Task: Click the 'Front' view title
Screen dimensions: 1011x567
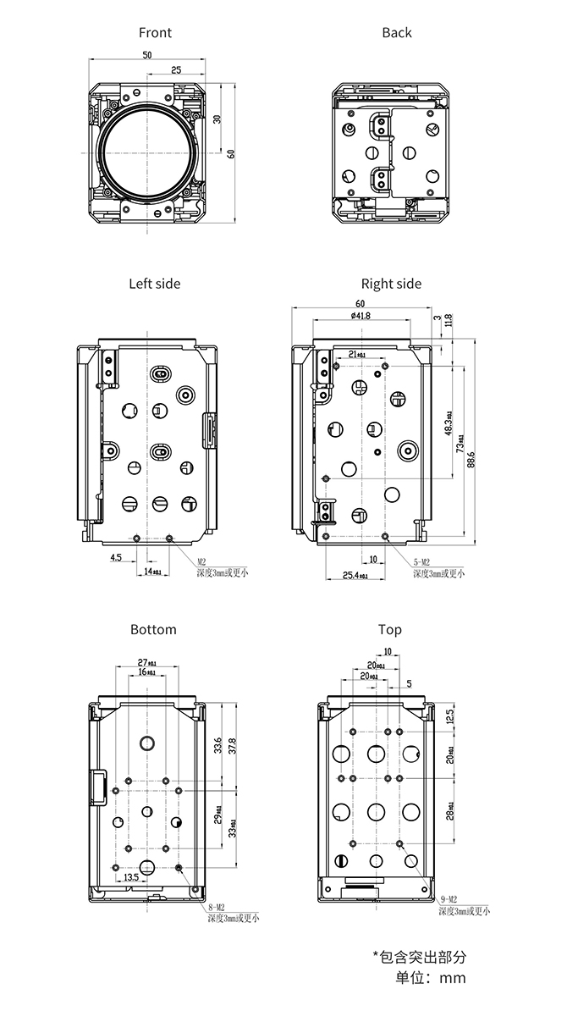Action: tap(155, 32)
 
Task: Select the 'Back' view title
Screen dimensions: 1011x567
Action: tap(396, 32)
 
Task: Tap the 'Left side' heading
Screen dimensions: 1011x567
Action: tap(154, 284)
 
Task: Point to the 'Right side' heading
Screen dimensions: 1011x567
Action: tap(391, 284)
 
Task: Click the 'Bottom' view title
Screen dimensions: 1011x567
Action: tap(153, 629)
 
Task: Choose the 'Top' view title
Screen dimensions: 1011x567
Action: tap(390, 629)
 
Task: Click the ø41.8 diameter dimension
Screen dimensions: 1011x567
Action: tap(361, 316)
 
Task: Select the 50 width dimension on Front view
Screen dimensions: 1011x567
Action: tap(146, 54)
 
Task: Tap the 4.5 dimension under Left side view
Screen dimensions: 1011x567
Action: tap(115, 557)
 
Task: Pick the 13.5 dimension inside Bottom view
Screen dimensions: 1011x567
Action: tap(131, 877)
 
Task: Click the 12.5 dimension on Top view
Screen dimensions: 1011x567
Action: tap(449, 715)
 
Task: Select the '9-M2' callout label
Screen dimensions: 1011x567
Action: tap(449, 898)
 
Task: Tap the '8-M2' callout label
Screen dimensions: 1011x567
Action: tap(218, 906)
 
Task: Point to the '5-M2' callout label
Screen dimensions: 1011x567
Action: tap(422, 562)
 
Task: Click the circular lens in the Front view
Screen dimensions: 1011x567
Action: tap(146, 152)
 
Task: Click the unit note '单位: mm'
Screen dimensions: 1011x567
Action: tap(431, 978)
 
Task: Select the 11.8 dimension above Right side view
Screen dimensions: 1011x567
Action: tap(449, 319)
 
